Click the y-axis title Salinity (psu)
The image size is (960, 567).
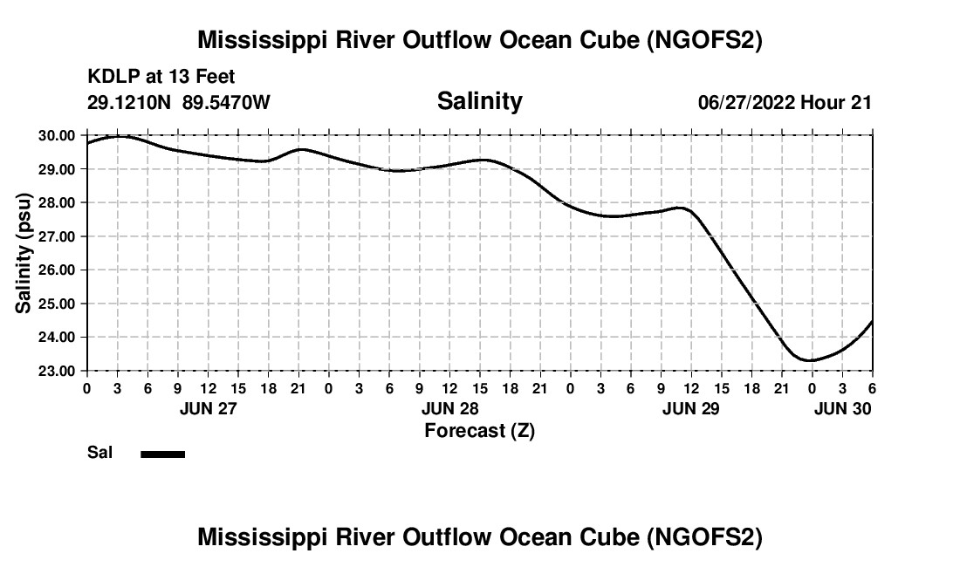[24, 253]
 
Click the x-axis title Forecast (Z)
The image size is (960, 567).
[479, 431]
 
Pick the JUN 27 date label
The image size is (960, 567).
[208, 408]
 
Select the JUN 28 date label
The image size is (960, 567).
[449, 408]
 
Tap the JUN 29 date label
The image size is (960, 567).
[691, 408]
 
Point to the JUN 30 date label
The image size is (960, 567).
[842, 408]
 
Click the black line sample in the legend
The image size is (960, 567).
[163, 454]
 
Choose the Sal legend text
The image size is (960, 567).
[99, 454]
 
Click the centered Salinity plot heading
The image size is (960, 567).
[479, 101]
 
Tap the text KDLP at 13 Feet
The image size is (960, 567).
[161, 78]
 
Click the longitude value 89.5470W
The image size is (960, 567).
[226, 103]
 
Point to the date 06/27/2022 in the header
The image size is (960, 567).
[746, 103]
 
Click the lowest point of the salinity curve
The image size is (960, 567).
[811, 360]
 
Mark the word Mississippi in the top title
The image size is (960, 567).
[259, 40]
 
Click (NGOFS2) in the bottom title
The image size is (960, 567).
[704, 537]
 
